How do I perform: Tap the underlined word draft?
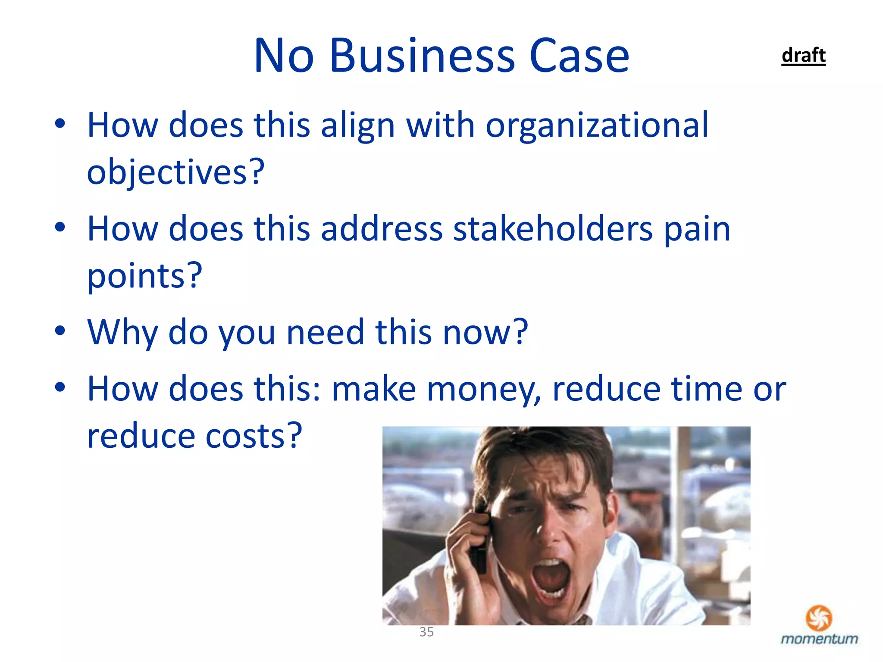pos(803,56)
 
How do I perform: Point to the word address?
pos(382,229)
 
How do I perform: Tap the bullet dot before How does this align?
pos(60,124)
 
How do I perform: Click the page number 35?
pos(426,632)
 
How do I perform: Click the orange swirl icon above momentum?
pos(819,618)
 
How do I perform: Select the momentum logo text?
pos(819,639)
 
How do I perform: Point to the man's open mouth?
pos(551,578)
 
